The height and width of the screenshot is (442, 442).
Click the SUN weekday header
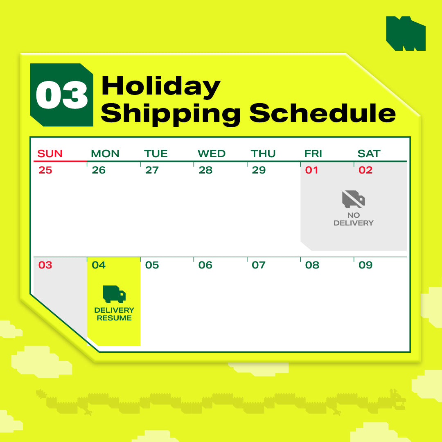[50, 153]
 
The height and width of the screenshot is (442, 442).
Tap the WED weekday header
[212, 153]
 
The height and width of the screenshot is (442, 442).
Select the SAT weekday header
[369, 153]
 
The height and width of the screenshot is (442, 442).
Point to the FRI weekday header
[313, 153]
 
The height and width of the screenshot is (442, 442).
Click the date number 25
[45, 170]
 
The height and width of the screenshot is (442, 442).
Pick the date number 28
[205, 170]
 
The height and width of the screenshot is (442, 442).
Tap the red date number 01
[311, 170]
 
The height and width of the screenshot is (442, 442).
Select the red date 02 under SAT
[365, 170]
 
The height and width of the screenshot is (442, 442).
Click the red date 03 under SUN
[45, 265]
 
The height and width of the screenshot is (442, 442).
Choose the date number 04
[99, 265]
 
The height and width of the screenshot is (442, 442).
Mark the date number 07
[259, 265]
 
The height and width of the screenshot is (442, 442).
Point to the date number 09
[365, 265]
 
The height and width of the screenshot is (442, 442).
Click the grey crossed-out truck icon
[354, 199]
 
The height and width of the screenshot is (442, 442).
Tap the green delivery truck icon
[114, 294]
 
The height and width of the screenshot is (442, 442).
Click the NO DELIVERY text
[354, 219]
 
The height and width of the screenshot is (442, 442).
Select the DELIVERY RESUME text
[114, 314]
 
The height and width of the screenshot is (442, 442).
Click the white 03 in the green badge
[62, 95]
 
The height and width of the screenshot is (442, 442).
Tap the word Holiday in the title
[161, 86]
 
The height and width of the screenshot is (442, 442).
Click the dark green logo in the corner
[406, 34]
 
